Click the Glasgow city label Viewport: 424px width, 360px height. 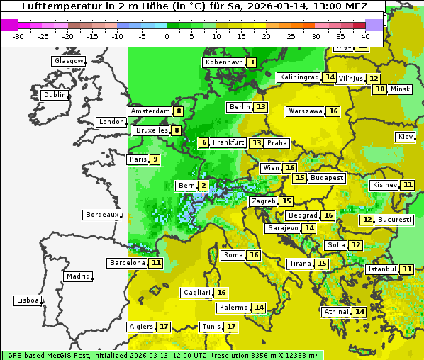tap(68, 61)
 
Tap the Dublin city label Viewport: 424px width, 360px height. tap(54, 95)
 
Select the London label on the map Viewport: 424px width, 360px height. tap(111, 122)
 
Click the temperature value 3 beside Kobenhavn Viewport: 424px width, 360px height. tap(252, 62)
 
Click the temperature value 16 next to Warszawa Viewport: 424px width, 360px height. tap(333, 111)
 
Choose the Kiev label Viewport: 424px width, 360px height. tap(406, 137)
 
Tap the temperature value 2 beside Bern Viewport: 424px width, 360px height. tap(203, 186)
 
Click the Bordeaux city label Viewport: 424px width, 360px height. tap(101, 215)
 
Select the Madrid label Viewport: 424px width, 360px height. tap(78, 276)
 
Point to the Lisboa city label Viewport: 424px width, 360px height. tap(28, 300)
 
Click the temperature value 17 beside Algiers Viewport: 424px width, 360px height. tap(164, 327)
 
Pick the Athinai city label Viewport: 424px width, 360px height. tap(336, 312)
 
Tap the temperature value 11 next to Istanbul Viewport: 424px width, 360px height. tap(407, 269)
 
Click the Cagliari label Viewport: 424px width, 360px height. tap(196, 293)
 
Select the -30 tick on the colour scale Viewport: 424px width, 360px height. tap(18, 35)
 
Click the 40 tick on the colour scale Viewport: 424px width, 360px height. tap(365, 35)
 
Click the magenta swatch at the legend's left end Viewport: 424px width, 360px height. tap(10, 24)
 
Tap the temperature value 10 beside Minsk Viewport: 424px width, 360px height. tap(381, 89)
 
